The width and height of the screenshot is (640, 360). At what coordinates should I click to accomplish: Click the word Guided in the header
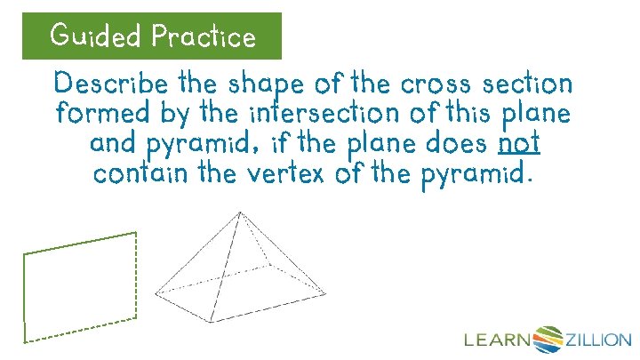tap(97, 36)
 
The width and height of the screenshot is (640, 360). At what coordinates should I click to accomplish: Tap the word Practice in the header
tap(204, 36)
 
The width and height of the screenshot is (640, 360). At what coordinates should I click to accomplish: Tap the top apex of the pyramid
tap(239, 212)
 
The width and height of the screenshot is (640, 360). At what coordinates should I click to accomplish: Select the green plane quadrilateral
tap(80, 286)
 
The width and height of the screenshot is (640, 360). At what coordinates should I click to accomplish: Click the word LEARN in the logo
tap(497, 339)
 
